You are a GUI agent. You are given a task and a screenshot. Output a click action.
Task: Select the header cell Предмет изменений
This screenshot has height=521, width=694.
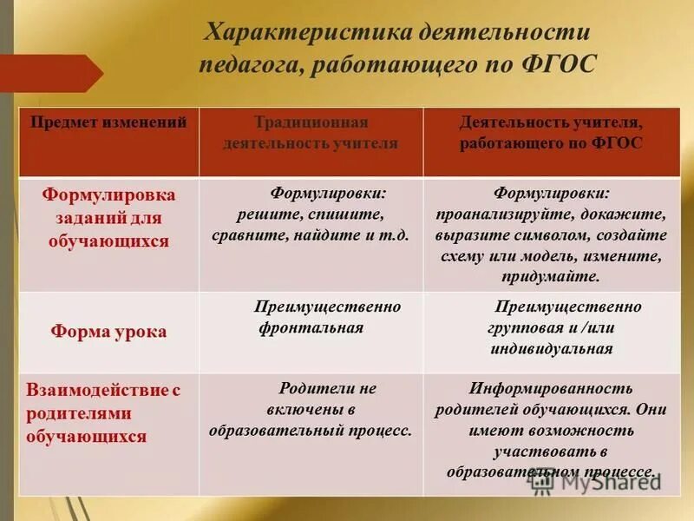tap(109, 123)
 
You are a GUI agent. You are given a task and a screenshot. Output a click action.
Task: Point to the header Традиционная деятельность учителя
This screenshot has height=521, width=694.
tap(311, 133)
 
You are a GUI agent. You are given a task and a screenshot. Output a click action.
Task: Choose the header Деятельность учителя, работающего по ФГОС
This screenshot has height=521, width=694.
tap(551, 133)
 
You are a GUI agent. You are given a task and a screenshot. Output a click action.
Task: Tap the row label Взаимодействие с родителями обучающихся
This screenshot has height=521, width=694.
tap(102, 413)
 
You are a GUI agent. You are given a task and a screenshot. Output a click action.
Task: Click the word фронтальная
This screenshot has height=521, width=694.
tap(311, 328)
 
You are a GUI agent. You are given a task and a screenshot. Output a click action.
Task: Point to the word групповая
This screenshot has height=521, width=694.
tap(520, 328)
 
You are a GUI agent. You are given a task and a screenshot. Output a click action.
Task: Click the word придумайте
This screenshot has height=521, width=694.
tap(550, 277)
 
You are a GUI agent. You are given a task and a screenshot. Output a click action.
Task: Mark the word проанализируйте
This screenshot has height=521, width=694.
tap(507, 214)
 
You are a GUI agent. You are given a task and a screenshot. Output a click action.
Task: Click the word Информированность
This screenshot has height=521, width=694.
tap(551, 388)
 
